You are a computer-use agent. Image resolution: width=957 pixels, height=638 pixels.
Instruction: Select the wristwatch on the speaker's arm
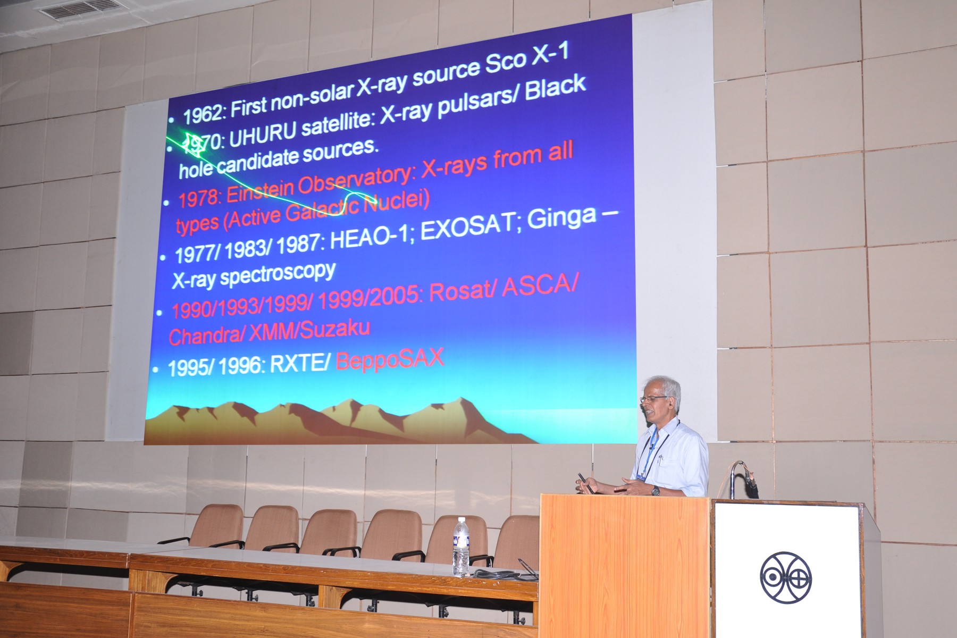tap(656, 491)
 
